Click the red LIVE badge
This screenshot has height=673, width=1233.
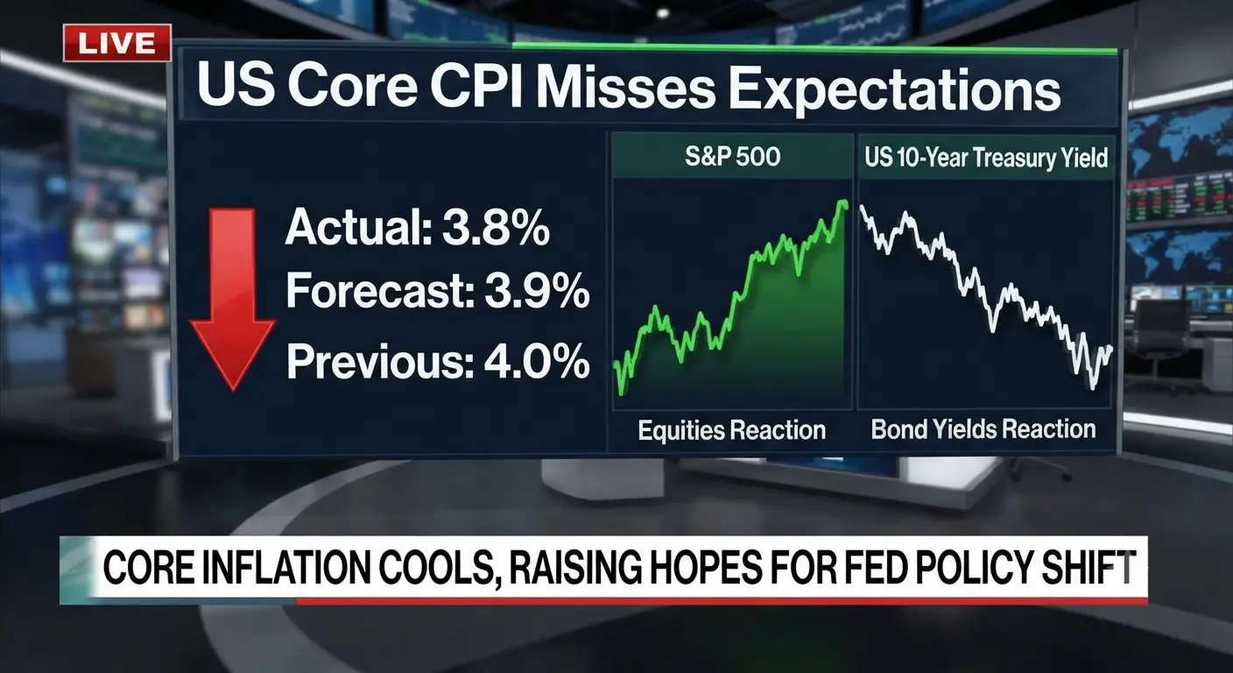tap(117, 43)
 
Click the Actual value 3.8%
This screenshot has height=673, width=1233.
tap(496, 227)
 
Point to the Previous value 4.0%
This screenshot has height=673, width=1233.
tap(536, 361)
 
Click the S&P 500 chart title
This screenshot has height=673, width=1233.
tap(733, 156)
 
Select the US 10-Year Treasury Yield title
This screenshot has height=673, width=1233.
tap(986, 158)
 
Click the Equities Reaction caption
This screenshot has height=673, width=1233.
tap(731, 430)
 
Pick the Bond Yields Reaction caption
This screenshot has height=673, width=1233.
tap(983, 429)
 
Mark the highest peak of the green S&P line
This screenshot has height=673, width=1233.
tap(842, 202)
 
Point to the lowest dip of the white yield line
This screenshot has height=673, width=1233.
tap(1093, 387)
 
